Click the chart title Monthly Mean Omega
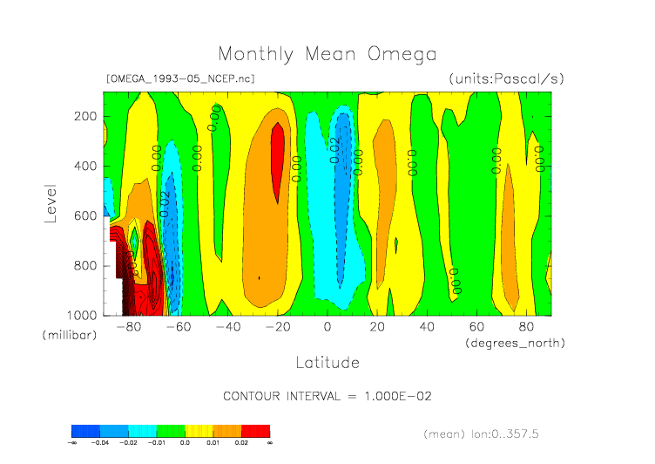point(327,54)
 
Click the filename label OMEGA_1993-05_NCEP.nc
point(179,78)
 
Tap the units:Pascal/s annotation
point(506,78)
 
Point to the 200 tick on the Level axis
point(84,117)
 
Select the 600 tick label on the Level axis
point(84,215)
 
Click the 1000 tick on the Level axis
point(81,315)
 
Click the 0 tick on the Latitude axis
point(327,327)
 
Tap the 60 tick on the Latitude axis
point(476,327)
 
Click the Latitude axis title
point(327,361)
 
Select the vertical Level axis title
point(51,202)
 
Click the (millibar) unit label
point(69,335)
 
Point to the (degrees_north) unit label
point(515,343)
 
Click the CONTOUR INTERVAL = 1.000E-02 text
point(327,396)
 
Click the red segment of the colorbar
point(255,431)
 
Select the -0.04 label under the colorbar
point(100,443)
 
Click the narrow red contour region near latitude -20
point(278,161)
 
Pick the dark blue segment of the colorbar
point(85,431)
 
